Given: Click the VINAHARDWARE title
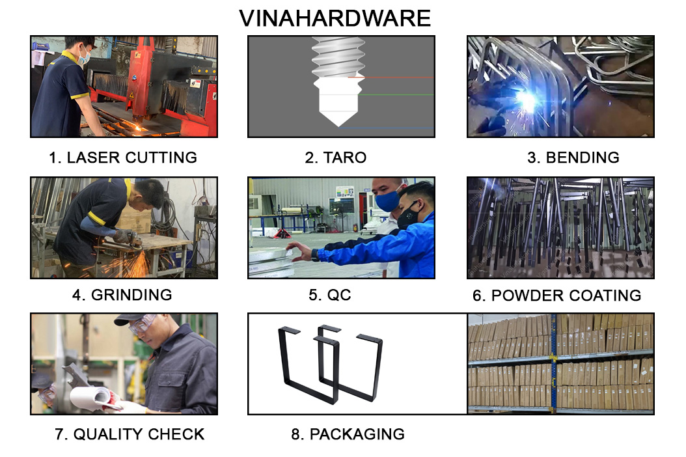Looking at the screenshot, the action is click(x=335, y=18).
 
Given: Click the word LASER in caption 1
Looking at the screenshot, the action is click(x=93, y=158).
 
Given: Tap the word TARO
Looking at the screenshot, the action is click(x=345, y=158).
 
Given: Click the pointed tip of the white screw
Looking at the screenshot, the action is click(x=338, y=126).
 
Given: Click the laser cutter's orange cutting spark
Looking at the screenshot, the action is click(x=139, y=128).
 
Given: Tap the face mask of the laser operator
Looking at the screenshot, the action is click(x=85, y=56).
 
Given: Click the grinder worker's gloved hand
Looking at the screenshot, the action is click(x=124, y=236).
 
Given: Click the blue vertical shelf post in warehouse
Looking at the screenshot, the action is click(x=553, y=363).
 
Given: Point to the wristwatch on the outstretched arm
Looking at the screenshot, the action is click(x=315, y=255).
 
